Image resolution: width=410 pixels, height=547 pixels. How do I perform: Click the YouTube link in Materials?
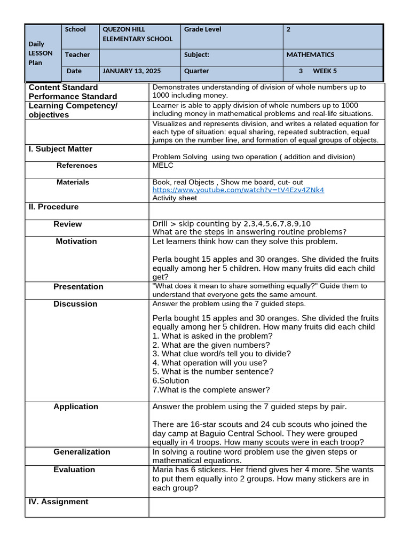[238, 190]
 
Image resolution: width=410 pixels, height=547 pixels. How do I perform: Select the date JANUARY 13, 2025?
[131, 71]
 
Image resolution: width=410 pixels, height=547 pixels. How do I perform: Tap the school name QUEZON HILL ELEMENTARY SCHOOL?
[138, 34]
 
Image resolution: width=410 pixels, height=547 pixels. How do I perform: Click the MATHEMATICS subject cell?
[310, 54]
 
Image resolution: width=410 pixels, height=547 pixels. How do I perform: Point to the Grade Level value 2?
[288, 29]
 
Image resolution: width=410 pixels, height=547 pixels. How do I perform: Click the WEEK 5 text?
[325, 71]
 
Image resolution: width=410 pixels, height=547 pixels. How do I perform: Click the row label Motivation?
[76, 241]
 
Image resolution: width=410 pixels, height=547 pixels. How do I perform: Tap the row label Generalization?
[82, 452]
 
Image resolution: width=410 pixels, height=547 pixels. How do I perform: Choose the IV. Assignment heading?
[58, 502]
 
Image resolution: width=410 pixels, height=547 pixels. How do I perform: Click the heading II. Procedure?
[53, 207]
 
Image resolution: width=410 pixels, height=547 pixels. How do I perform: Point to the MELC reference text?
[163, 166]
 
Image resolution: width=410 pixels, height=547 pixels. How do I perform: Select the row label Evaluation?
[74, 470]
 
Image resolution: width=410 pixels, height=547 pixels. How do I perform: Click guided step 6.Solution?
[171, 381]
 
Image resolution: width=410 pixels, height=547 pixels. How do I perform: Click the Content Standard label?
[63, 87]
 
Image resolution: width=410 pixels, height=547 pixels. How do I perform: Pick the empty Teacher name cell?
[140, 55]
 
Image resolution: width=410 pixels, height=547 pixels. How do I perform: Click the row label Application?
[76, 407]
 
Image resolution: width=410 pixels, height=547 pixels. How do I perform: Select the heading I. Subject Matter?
[60, 149]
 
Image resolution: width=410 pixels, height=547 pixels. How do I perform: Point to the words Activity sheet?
[175, 198]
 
